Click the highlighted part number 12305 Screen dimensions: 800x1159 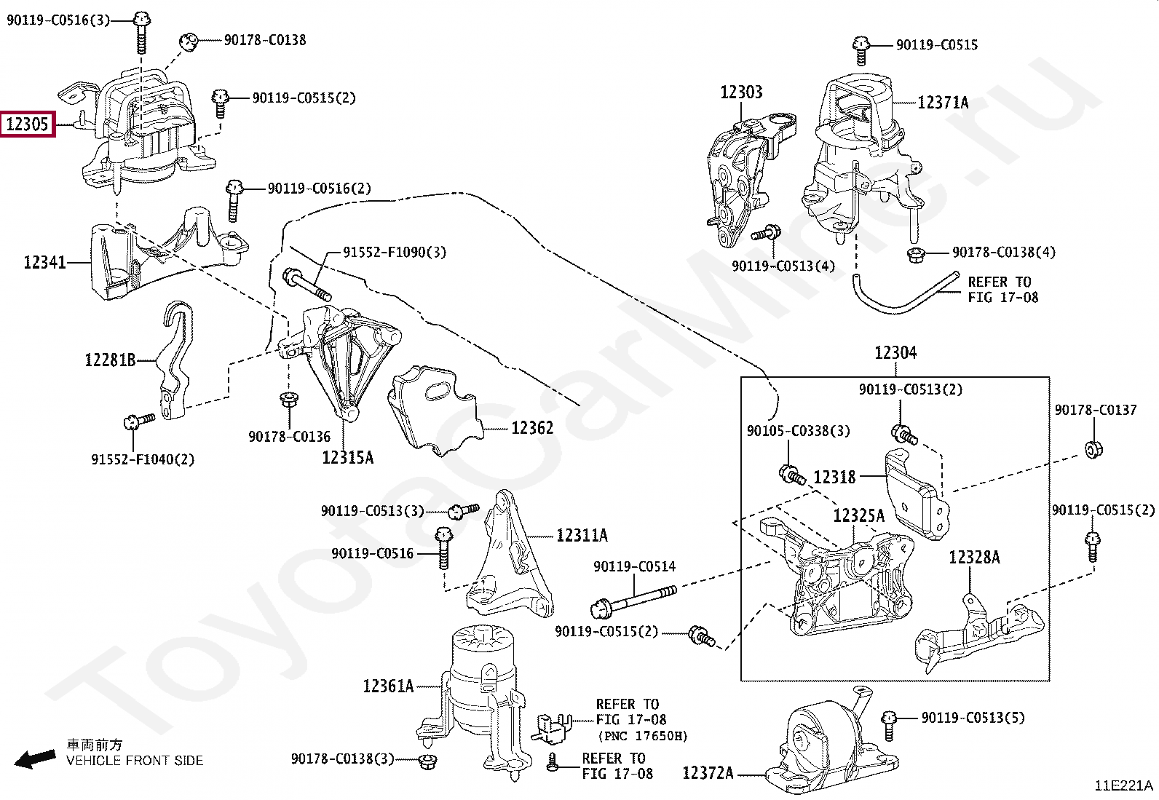pos(27,124)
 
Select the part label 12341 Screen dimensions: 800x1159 pos(44,262)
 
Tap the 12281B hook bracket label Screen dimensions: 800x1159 pos(110,360)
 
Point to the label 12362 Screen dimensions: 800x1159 pos(531,428)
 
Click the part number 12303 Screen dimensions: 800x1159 pos(741,92)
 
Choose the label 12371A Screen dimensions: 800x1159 pos(943,103)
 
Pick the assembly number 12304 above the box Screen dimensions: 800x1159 pos(895,353)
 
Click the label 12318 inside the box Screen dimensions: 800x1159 pos(834,478)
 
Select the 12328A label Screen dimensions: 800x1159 pos(974,558)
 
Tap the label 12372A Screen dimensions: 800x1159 pos(708,773)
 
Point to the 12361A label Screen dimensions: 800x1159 pos(388,686)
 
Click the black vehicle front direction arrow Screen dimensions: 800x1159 pos(35,759)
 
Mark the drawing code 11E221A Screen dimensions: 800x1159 pos(1124,785)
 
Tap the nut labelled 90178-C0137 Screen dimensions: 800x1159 pos(1093,448)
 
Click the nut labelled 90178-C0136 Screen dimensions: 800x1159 pos(287,400)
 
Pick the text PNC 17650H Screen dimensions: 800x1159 pos(642,735)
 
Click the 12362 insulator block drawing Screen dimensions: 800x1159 pos(432,411)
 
